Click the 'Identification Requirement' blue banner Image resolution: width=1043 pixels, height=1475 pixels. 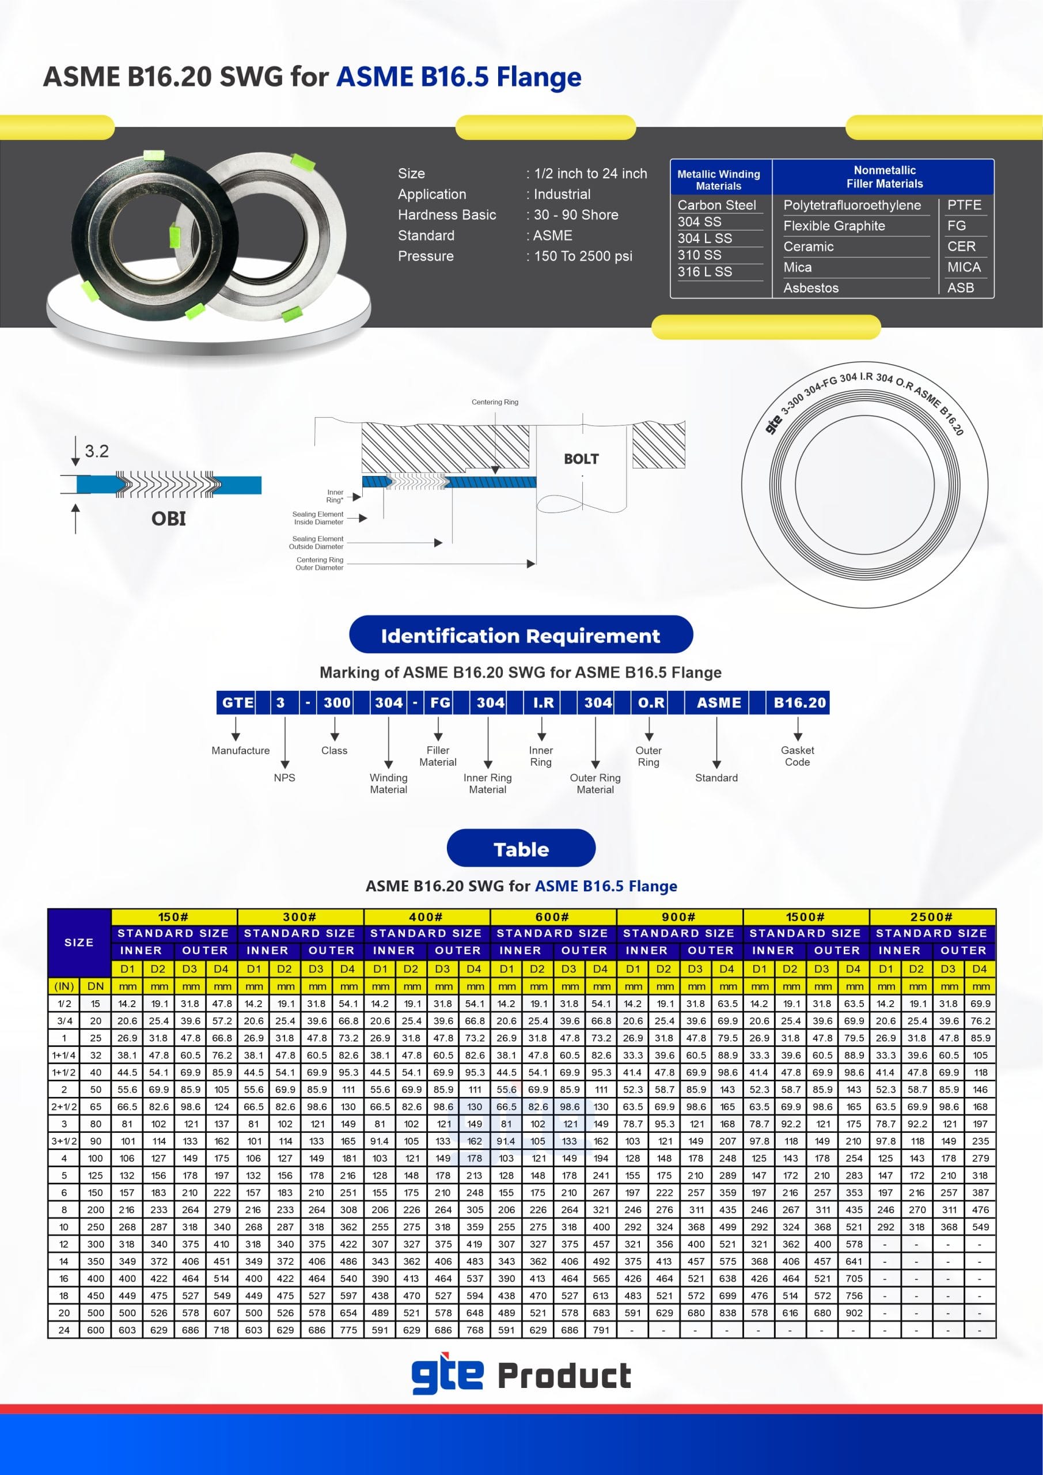[521, 636]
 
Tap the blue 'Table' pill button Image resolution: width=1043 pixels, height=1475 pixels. [521, 849]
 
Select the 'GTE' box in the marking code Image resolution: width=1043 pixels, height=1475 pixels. [237, 703]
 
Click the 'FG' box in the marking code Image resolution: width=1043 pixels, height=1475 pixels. [440, 703]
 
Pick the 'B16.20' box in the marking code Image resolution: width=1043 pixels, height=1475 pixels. [799, 703]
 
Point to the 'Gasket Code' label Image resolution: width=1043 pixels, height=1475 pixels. [797, 756]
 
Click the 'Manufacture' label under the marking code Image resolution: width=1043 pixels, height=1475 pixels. [240, 750]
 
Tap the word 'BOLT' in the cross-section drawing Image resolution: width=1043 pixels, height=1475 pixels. [581, 459]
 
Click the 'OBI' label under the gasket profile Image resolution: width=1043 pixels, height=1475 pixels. [168, 519]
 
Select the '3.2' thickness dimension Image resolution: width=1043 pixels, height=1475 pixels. [97, 451]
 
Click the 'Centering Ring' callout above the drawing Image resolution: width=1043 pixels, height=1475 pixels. [495, 402]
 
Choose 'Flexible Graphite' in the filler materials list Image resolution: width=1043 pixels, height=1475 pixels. [833, 226]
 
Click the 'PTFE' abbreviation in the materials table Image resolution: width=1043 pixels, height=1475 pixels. [964, 205]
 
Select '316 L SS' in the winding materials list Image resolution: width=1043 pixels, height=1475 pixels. [704, 272]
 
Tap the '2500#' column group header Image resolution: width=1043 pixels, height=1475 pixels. [931, 917]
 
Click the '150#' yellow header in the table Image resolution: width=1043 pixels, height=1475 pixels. [173, 917]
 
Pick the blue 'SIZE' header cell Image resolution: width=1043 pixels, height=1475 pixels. [79, 943]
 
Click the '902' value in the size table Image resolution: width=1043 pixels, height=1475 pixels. [854, 1313]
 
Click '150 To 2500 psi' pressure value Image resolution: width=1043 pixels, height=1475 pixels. [582, 256]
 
